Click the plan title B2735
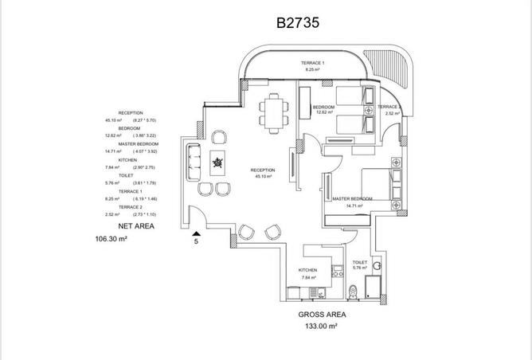299,23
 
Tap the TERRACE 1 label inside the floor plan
312,63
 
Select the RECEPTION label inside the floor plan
262,170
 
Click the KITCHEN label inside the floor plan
308,270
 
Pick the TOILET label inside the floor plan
359,261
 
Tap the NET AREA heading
136,226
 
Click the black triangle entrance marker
196,231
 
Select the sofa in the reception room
192,164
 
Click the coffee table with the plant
217,165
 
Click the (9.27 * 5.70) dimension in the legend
145,120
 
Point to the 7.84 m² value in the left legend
111,167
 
